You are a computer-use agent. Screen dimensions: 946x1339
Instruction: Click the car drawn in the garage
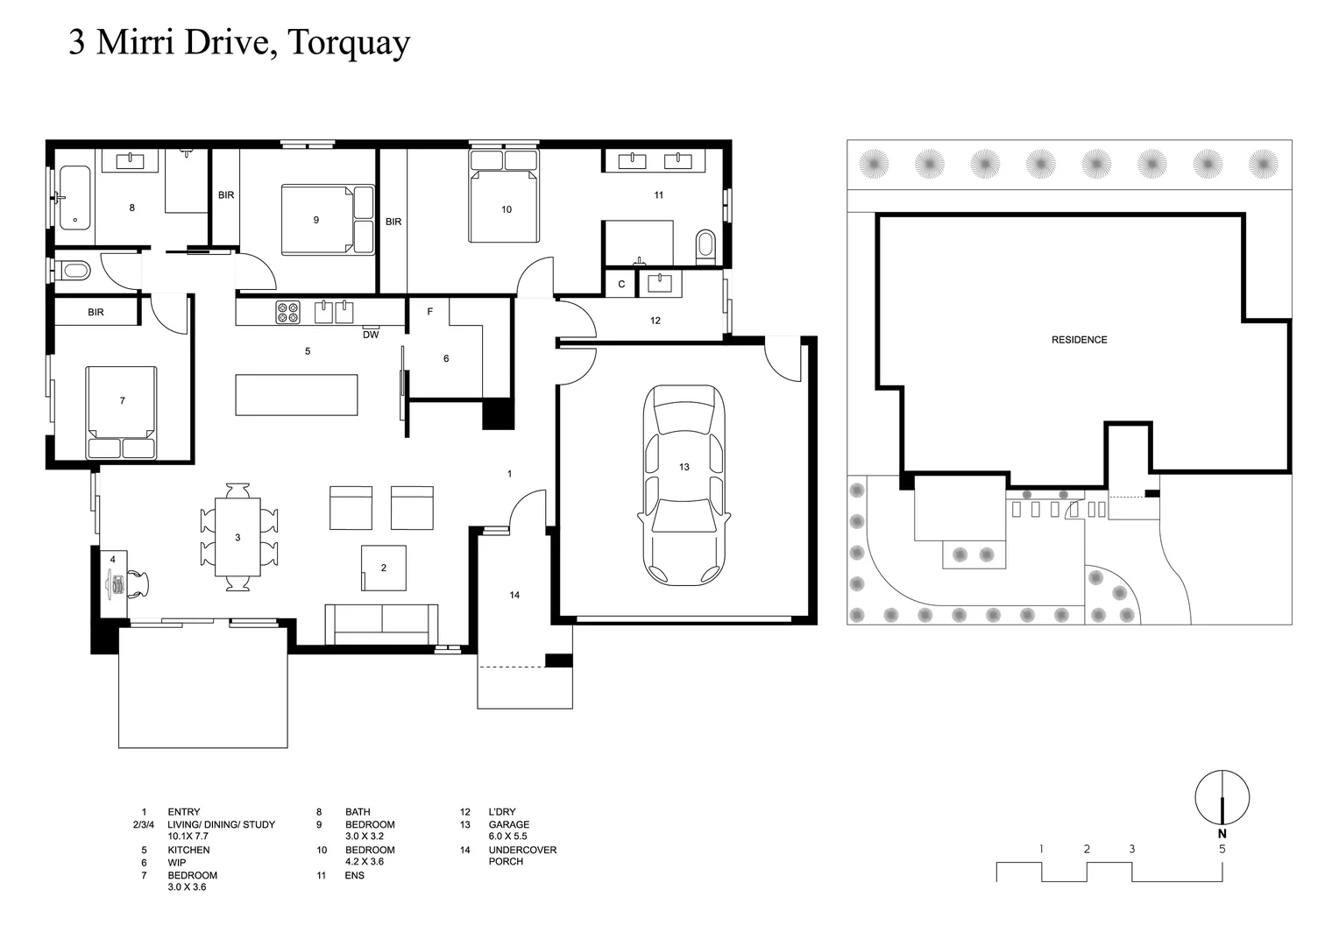[684, 486]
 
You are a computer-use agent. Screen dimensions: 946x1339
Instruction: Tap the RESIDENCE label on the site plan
[1079, 340]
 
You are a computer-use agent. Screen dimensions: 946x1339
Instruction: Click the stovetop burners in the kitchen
[288, 312]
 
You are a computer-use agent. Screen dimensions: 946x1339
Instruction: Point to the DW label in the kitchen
[371, 335]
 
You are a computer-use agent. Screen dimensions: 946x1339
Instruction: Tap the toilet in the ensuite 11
[705, 247]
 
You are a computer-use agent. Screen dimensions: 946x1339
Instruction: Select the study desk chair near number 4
[138, 584]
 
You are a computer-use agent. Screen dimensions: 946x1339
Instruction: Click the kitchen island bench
[296, 395]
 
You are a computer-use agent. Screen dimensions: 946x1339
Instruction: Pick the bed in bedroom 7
[122, 412]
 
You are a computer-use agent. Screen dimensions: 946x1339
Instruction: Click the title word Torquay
[348, 42]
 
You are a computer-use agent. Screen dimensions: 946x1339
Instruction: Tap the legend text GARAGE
[508, 824]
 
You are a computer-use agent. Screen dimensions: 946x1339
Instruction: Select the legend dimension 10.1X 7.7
[188, 837]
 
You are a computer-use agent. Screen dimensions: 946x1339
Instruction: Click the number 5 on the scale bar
[1222, 849]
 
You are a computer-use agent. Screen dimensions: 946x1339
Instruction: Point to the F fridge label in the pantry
[429, 312]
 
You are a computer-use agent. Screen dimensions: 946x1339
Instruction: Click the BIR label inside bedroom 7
[96, 313]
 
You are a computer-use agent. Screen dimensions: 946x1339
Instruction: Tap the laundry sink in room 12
[659, 282]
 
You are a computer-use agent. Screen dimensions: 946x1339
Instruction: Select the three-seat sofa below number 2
[382, 624]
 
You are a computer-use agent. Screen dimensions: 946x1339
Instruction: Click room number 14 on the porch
[514, 596]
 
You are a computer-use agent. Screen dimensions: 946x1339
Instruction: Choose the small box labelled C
[621, 285]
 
